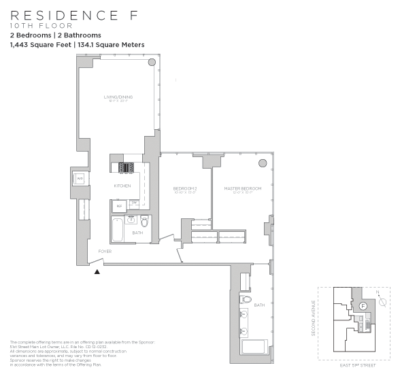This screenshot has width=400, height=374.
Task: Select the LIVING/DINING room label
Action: point(118,98)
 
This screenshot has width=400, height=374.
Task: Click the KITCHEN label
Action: point(122,186)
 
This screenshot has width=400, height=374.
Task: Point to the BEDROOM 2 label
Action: point(184,188)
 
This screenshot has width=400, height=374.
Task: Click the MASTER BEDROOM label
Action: point(242,188)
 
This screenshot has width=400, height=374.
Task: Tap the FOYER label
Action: point(105,251)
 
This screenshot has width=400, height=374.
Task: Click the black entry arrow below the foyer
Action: point(97,271)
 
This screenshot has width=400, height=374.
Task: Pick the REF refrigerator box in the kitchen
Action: point(119,205)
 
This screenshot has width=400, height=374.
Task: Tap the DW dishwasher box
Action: point(135,203)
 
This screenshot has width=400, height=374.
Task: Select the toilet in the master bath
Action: point(246,299)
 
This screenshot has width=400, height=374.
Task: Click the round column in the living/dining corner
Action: point(152,62)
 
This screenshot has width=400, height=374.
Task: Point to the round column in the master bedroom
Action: point(263,163)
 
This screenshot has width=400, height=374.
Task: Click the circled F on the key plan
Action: point(363,307)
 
